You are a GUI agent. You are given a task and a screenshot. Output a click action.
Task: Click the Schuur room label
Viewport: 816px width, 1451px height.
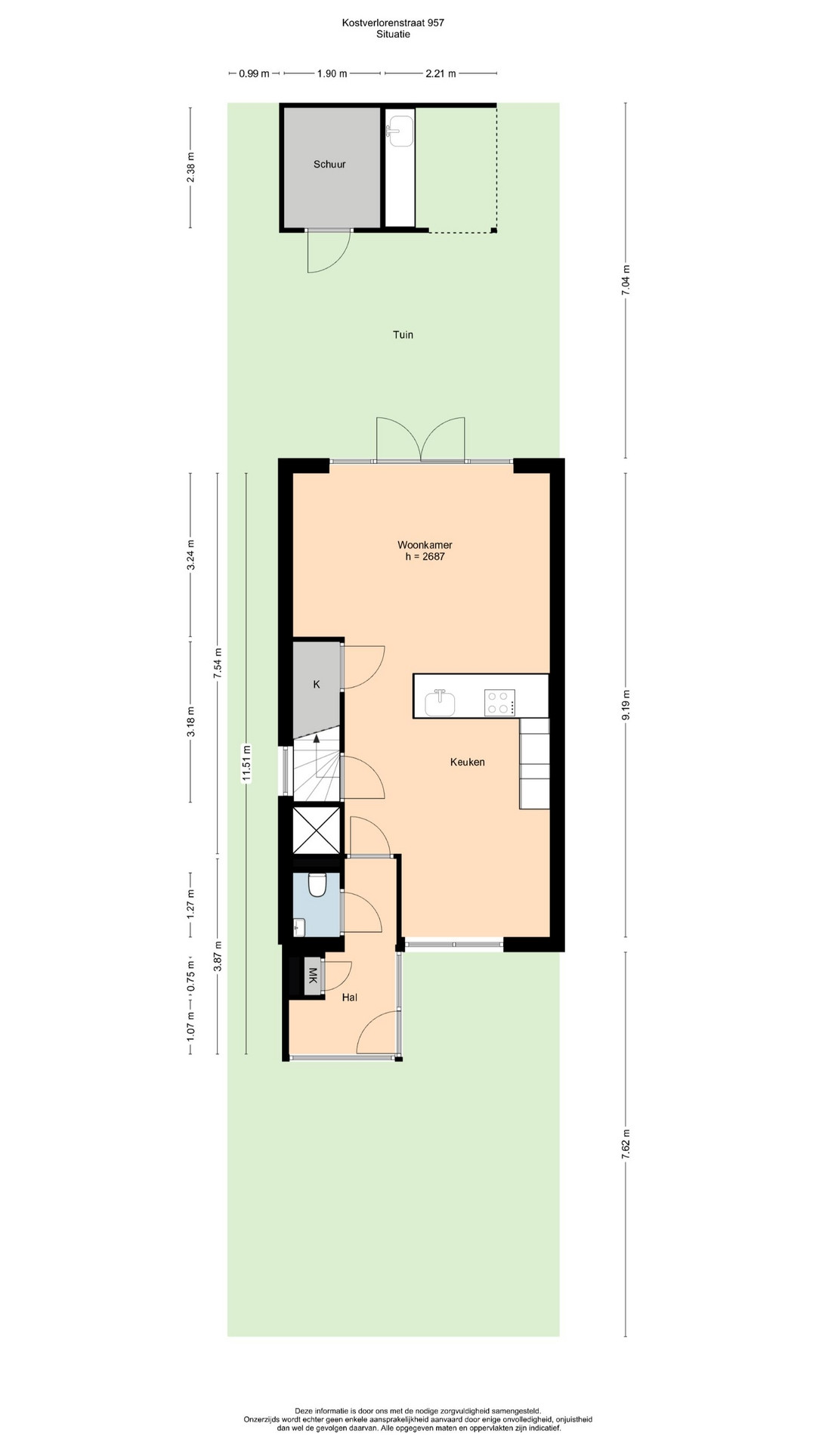329,164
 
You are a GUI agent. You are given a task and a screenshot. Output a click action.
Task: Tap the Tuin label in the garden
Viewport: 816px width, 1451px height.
403,335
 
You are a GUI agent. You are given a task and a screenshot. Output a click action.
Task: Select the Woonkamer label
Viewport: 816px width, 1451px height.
425,545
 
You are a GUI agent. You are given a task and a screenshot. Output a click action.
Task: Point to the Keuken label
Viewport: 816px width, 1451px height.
468,763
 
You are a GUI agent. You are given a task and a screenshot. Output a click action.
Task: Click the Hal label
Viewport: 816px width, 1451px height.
349,998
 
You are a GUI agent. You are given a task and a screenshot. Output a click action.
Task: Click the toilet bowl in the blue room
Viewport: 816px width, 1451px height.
317,884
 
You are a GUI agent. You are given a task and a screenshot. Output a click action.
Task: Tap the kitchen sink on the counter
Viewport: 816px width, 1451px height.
440,702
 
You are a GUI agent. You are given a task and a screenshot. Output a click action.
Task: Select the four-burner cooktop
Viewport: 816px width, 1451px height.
499,703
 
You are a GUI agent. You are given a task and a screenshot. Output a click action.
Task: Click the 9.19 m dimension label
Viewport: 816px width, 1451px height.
626,706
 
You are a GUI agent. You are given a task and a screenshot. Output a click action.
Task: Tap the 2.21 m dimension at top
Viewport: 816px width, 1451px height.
440,74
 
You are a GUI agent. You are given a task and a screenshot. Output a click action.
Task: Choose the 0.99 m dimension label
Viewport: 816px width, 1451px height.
254,74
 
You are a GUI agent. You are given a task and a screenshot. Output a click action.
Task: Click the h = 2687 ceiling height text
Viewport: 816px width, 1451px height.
425,557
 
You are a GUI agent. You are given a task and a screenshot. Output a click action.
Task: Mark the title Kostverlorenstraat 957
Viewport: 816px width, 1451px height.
393,23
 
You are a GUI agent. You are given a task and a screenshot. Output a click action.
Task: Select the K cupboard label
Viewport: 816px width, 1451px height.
317,685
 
